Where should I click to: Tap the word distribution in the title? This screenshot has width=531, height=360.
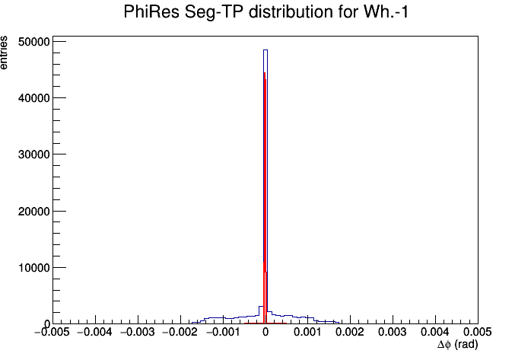(291, 12)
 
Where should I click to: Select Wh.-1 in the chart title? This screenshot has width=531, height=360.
(386, 12)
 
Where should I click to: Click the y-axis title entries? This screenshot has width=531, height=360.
(4, 53)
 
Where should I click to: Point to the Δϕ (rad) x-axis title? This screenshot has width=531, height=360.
(457, 345)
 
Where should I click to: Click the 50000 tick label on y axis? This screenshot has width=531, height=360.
(33, 42)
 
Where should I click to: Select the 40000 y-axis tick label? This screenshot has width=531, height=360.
(33, 98)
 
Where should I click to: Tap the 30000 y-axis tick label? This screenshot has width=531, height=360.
(33, 155)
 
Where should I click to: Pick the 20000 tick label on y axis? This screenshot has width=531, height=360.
(33, 212)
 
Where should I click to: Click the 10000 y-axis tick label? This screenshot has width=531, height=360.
(33, 268)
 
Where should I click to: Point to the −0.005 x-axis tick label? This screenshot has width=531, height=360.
(52, 333)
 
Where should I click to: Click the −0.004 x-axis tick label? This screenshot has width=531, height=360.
(95, 333)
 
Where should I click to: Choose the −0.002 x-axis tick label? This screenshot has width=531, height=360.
(180, 333)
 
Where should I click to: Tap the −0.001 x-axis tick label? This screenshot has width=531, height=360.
(222, 333)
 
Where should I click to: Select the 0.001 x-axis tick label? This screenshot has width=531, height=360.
(308, 333)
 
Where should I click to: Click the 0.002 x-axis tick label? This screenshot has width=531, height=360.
(351, 333)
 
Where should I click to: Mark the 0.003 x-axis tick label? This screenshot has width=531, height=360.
(393, 333)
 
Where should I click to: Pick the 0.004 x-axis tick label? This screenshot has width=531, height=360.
(435, 333)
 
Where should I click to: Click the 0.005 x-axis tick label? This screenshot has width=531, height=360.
(477, 333)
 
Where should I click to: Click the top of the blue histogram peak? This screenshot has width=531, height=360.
(265, 50)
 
